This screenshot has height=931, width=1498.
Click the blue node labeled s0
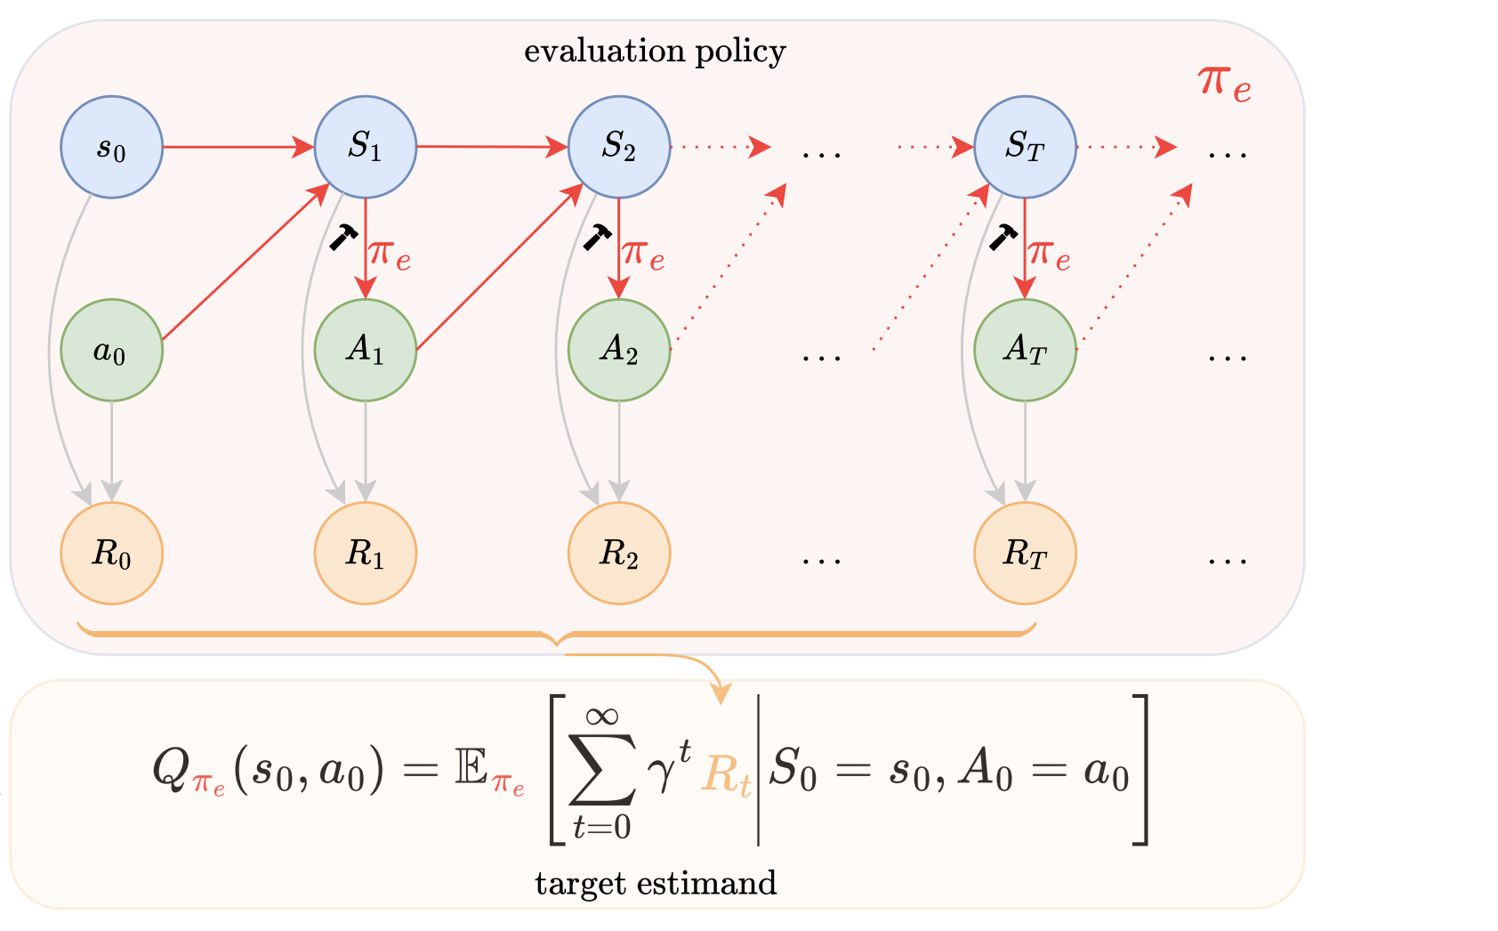tap(111, 147)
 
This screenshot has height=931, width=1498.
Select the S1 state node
tap(366, 147)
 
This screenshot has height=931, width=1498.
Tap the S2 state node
tap(619, 147)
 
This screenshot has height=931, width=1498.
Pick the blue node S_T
tap(1025, 147)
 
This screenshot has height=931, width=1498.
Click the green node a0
tap(111, 350)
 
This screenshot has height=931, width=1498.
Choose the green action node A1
tap(366, 350)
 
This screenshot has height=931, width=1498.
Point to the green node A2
tap(619, 350)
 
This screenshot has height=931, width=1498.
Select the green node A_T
tap(1025, 350)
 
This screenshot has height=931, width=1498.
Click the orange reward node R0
tap(111, 553)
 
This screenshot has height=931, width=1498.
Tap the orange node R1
tap(366, 553)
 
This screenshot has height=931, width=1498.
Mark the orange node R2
tap(619, 553)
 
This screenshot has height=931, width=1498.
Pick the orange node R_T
tap(1025, 553)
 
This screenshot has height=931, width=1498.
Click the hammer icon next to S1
tap(342, 237)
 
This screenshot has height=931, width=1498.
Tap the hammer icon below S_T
tap(1004, 237)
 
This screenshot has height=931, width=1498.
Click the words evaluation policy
tap(655, 52)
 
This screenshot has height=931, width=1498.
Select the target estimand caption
tap(656, 883)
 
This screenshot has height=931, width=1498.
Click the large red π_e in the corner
tap(1224, 84)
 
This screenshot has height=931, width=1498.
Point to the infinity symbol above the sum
tap(602, 715)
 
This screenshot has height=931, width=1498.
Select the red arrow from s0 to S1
tap(238, 147)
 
